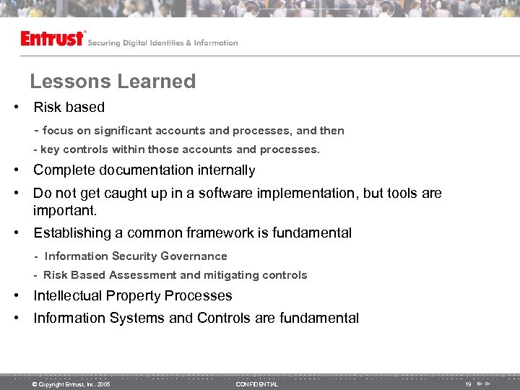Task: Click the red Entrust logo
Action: [x=53, y=38]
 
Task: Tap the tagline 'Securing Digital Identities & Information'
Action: [x=162, y=43]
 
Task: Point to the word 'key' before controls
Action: [x=50, y=149]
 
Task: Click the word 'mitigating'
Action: [x=233, y=275]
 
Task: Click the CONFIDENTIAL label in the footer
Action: [x=256, y=384]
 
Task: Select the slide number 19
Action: [x=468, y=384]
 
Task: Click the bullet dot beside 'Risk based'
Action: [x=15, y=108]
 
